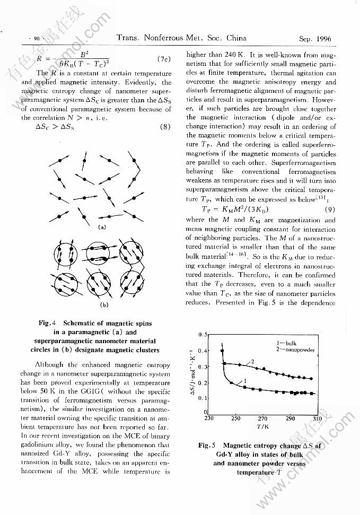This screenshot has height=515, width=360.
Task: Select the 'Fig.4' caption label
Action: pos(48,323)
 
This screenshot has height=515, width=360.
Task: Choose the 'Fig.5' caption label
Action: pos(206,446)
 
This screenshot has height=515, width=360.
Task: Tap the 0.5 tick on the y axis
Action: pos(202,335)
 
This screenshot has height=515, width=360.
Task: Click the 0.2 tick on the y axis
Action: pos(202,382)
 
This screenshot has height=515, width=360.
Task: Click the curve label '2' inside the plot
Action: pos(252,361)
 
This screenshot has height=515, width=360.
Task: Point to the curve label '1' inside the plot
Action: pos(244,381)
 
